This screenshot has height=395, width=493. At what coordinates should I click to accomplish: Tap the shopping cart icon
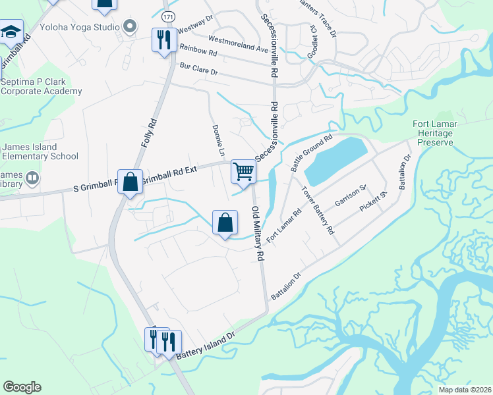243,172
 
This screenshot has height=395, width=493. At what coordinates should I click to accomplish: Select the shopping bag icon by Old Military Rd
225,222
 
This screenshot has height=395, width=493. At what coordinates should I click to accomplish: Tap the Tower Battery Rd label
318,211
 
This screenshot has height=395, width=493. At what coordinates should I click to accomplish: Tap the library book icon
31,178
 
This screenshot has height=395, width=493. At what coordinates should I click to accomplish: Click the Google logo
22,387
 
